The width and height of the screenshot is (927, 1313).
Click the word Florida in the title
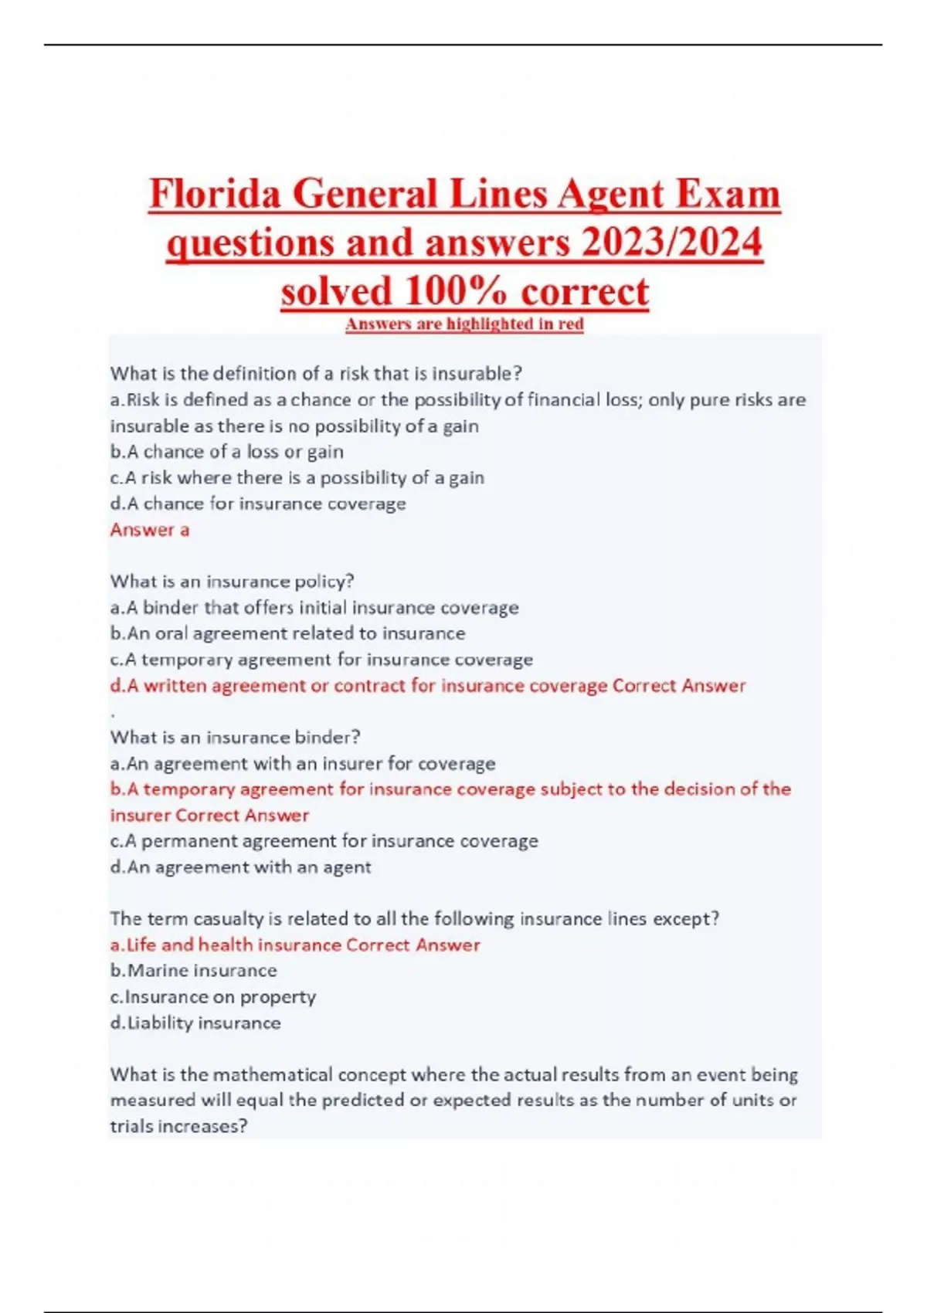[x=214, y=193]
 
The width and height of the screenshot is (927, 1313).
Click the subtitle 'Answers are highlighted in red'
[x=464, y=324]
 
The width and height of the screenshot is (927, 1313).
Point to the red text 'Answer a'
[x=150, y=530]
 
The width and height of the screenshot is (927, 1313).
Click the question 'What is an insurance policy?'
[x=232, y=581]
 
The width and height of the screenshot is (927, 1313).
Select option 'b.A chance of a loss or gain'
[x=226, y=452]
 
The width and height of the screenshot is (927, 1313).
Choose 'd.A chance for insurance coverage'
[x=257, y=504]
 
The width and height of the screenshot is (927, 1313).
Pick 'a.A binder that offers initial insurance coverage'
[x=314, y=608]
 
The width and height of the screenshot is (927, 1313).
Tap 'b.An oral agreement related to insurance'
[x=287, y=633]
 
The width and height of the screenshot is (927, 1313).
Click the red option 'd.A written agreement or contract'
[x=427, y=686]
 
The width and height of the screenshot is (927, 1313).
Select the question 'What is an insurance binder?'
[x=235, y=737]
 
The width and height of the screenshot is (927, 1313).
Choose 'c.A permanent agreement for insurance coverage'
[x=324, y=841]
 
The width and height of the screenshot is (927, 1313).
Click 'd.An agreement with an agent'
[x=240, y=867]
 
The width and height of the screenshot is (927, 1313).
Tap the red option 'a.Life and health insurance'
[x=294, y=945]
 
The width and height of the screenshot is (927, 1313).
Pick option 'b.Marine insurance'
[x=193, y=971]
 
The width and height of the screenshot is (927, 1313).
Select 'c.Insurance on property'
[x=212, y=997]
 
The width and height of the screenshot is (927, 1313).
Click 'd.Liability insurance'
[x=195, y=1023]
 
